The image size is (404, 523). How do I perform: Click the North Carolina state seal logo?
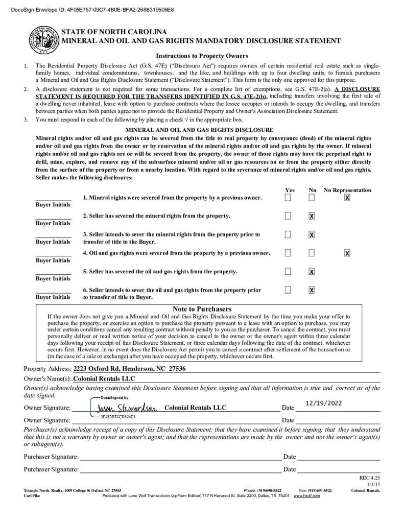pyautogui.click(x=43, y=39)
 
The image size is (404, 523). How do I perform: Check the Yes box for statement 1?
pyautogui.click(x=288, y=198)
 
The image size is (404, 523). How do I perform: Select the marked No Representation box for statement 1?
pyautogui.click(x=347, y=198)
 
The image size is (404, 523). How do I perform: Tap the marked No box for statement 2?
pyautogui.click(x=312, y=216)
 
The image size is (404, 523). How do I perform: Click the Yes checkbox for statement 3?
pyautogui.click(x=288, y=234)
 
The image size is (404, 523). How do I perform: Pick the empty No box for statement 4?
pyautogui.click(x=312, y=253)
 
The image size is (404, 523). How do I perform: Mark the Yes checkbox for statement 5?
pyautogui.click(x=288, y=271)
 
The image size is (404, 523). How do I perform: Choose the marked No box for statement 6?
pyautogui.click(x=312, y=290)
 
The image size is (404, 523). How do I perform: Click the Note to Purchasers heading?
pyautogui.click(x=202, y=309)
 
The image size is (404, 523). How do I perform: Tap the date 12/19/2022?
pyautogui.click(x=323, y=403)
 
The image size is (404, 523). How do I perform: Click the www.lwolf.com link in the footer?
pyautogui.click(x=307, y=496)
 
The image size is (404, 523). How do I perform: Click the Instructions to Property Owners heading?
pyautogui.click(x=202, y=56)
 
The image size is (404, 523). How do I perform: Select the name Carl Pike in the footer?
pyautogui.click(x=32, y=496)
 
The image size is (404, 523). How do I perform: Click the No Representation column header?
pyautogui.click(x=347, y=190)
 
